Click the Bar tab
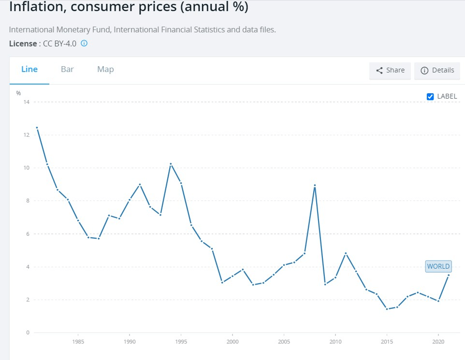(x=67, y=69)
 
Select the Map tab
(x=105, y=69)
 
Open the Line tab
(x=29, y=69)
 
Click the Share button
(x=390, y=71)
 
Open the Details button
(x=437, y=71)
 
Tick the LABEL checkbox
(x=430, y=96)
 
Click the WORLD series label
(x=438, y=266)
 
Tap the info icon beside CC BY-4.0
(x=84, y=43)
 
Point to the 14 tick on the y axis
(x=27, y=102)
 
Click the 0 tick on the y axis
(x=28, y=332)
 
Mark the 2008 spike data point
(x=315, y=186)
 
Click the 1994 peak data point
(x=171, y=164)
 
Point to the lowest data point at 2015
(x=387, y=309)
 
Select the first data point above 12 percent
(x=37, y=128)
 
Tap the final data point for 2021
(x=449, y=275)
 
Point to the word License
(x=23, y=43)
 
